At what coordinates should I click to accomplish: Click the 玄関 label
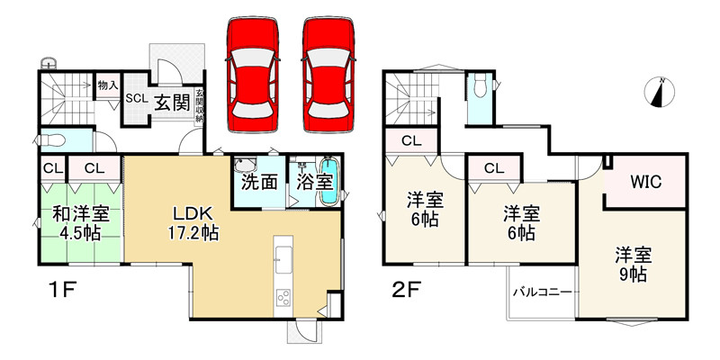click(x=171, y=101)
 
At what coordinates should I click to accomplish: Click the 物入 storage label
click(x=107, y=85)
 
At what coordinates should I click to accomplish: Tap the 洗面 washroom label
click(x=258, y=181)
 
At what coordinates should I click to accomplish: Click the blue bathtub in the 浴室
click(x=330, y=182)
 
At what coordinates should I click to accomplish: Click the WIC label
click(x=645, y=182)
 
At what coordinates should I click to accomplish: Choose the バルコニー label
click(x=542, y=292)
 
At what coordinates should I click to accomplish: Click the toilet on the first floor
click(x=51, y=141)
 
